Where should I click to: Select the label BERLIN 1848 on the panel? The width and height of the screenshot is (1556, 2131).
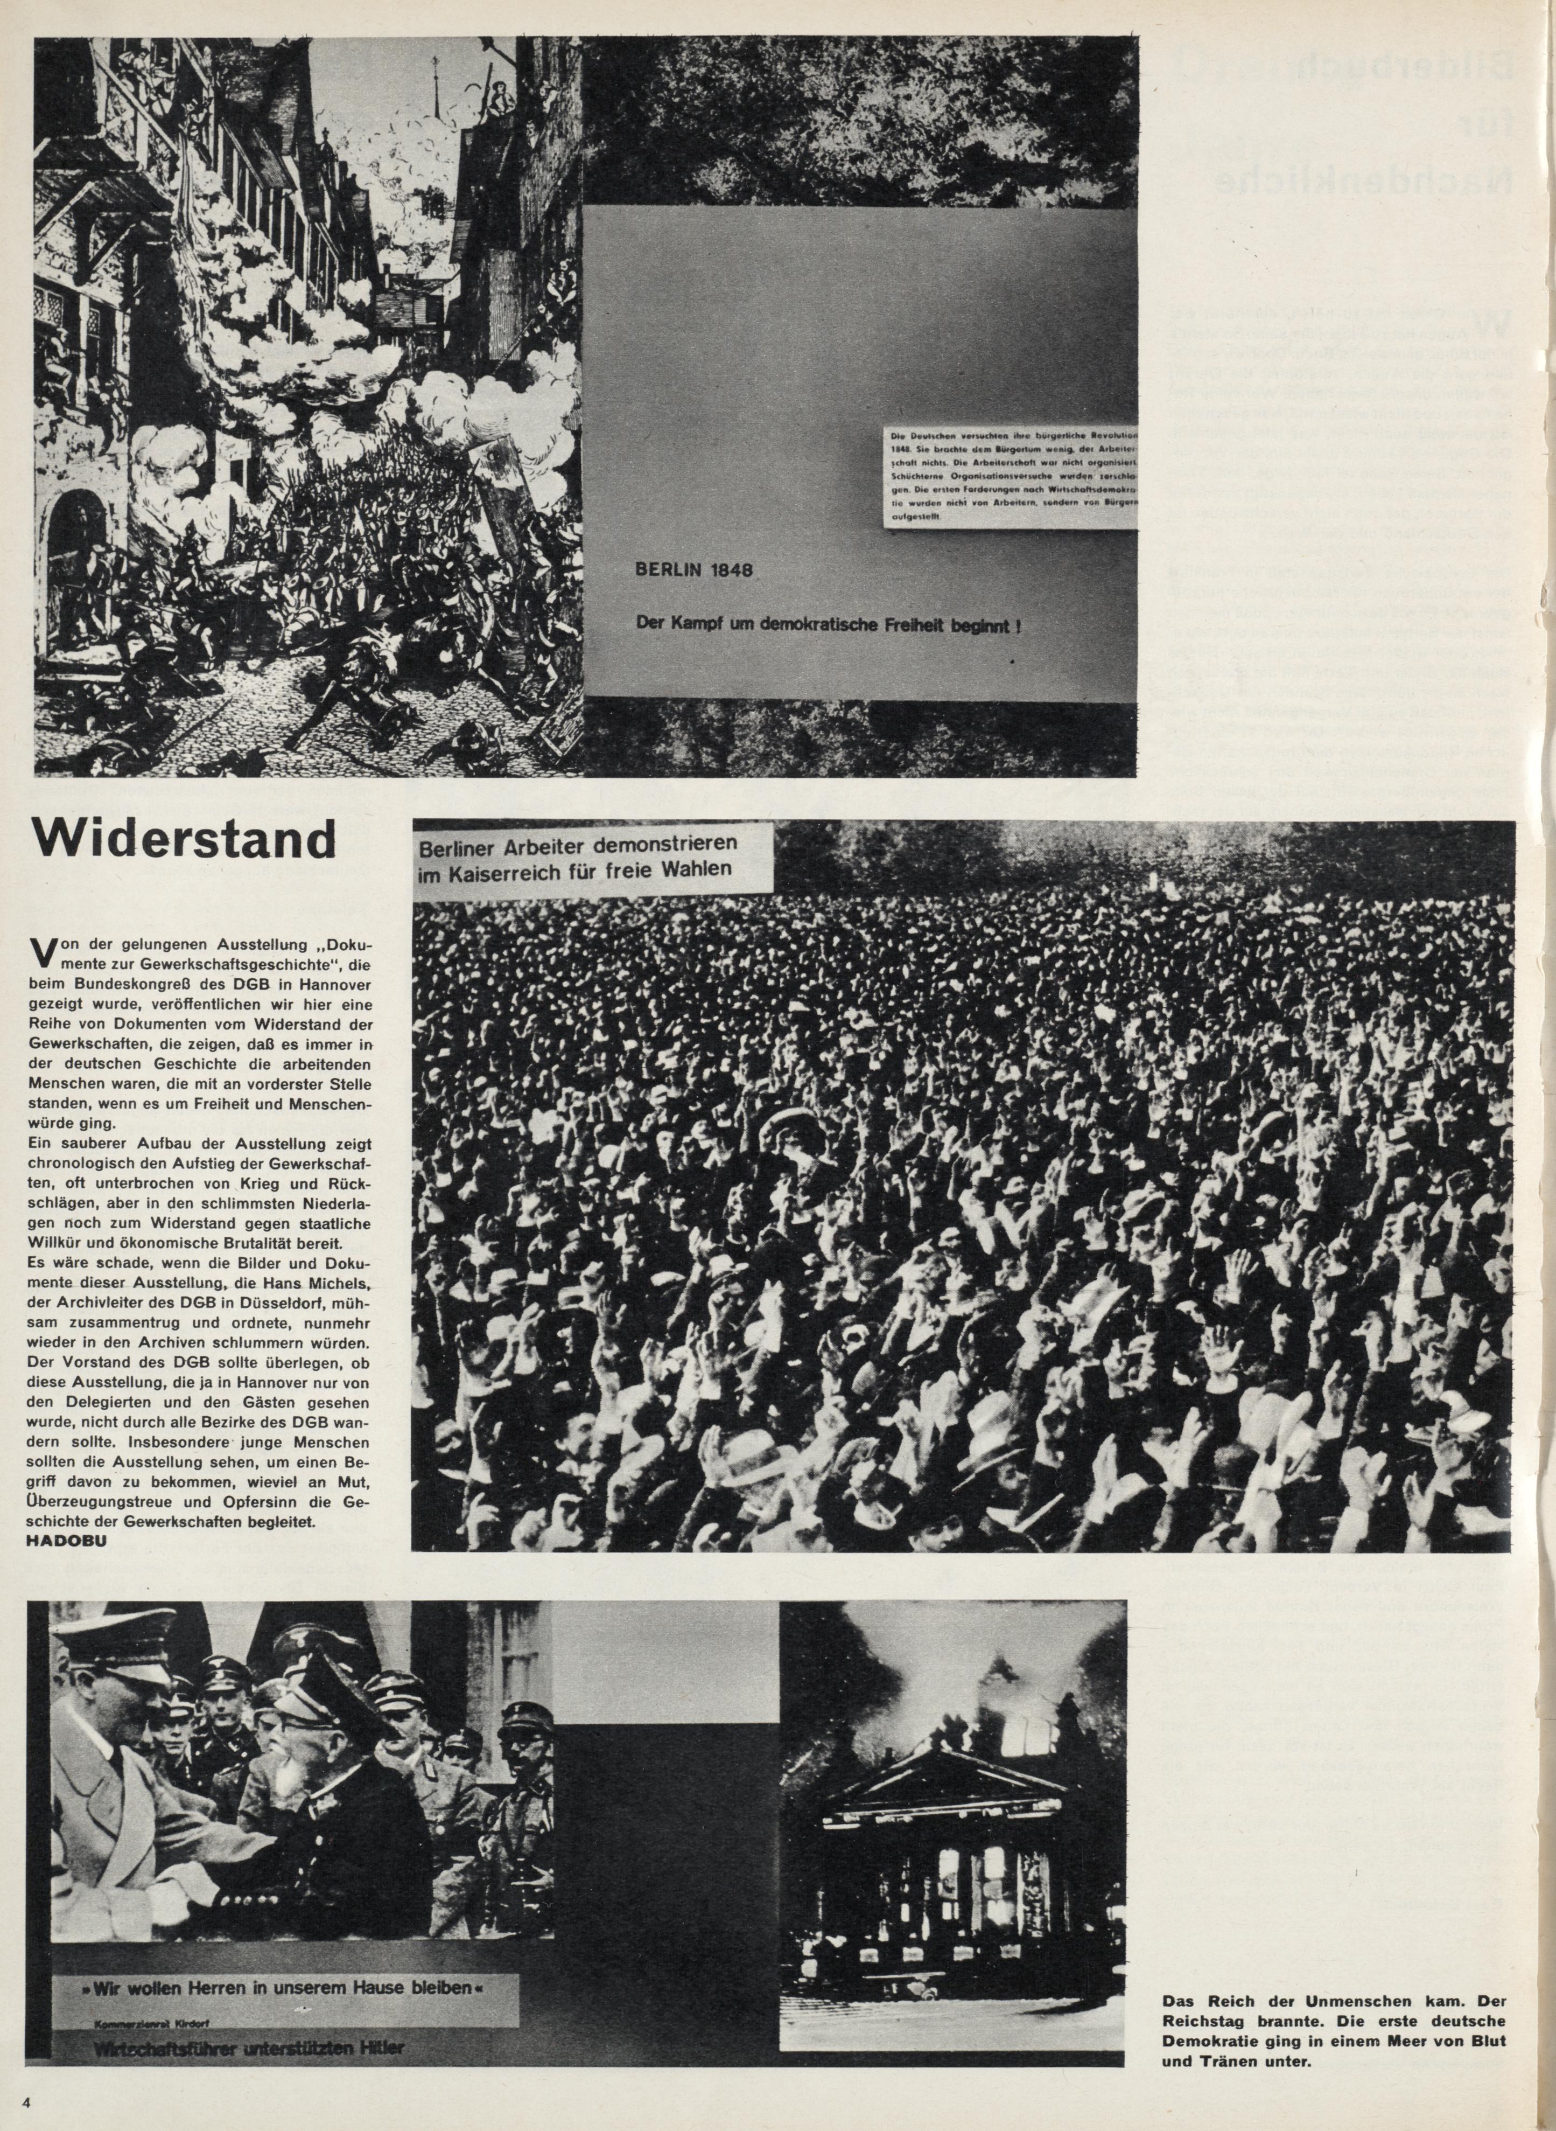click(695, 572)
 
